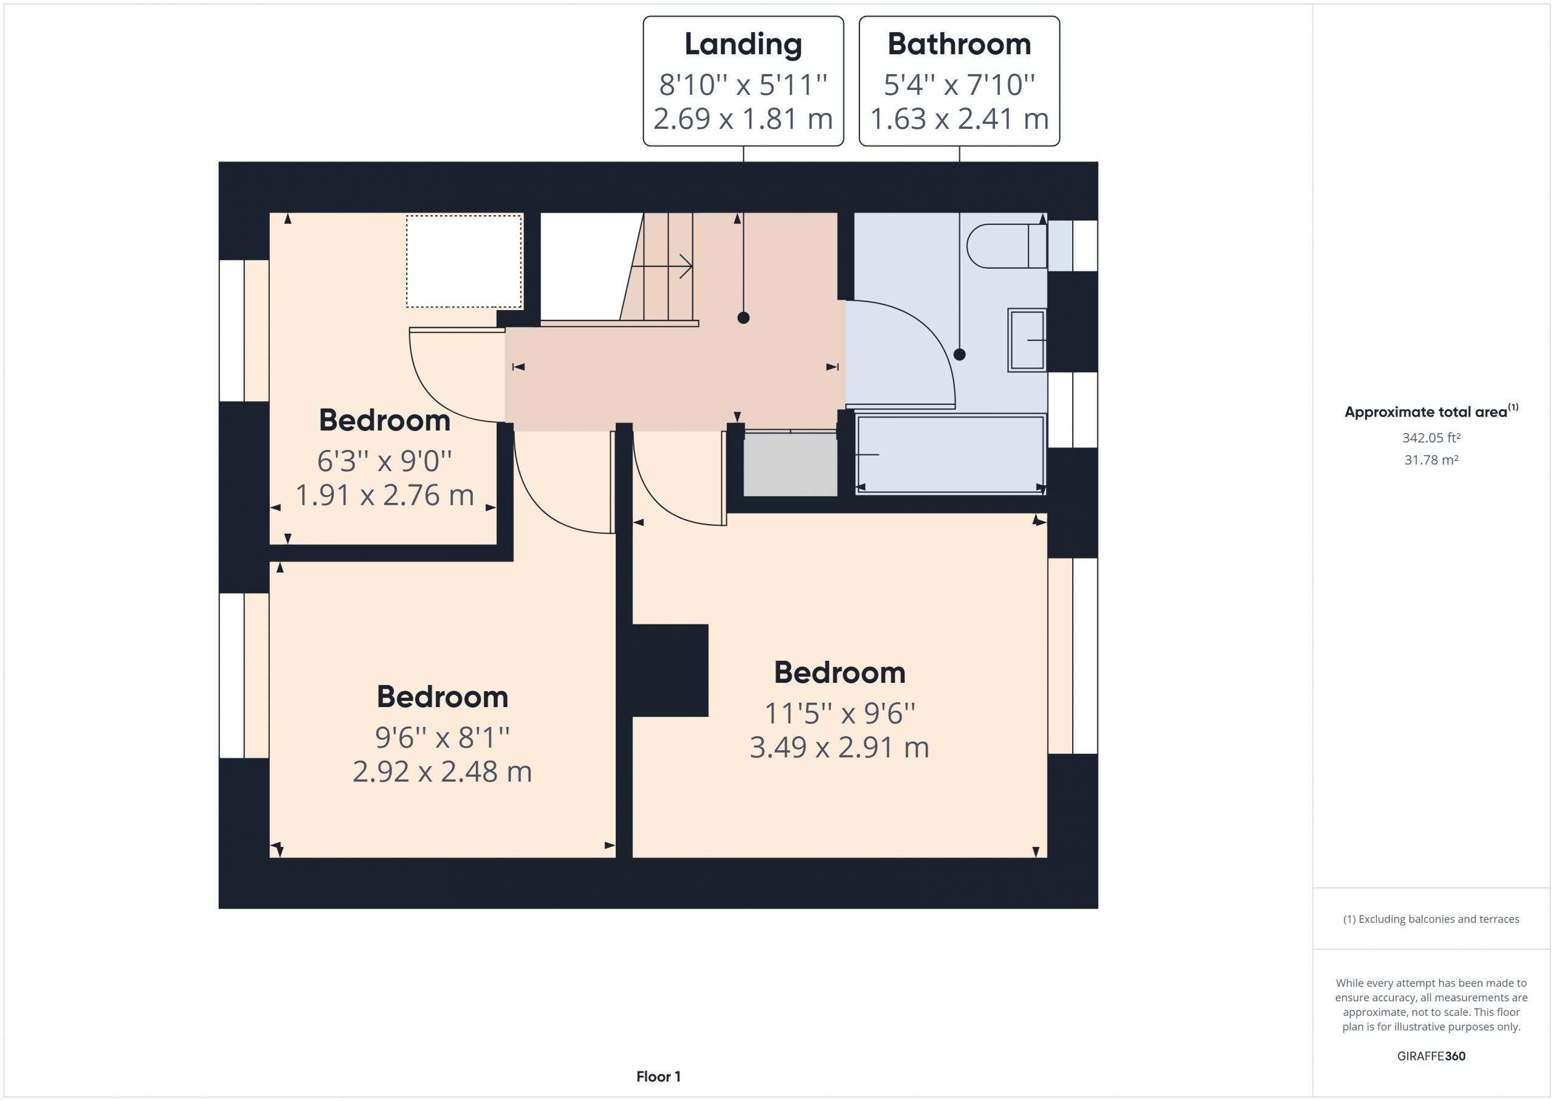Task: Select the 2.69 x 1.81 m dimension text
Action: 743,119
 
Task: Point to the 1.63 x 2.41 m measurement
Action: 959,119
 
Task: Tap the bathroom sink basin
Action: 1027,340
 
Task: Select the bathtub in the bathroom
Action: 950,454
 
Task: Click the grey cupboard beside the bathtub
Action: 790,464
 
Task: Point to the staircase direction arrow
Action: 661,266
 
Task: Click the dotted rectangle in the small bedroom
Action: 464,261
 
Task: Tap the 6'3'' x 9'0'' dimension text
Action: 384,461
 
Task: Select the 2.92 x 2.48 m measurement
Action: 442,771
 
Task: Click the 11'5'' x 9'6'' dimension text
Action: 839,713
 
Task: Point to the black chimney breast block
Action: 670,671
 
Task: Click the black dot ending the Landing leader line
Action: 743,317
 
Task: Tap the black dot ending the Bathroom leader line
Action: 959,354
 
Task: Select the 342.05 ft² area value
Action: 1431,438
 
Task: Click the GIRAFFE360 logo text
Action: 1431,1055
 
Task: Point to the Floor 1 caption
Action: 658,1076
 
